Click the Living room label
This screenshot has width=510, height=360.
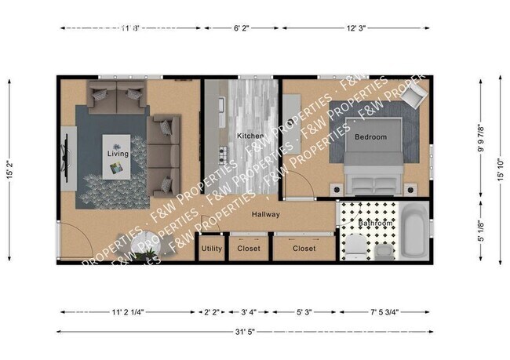tap(118, 154)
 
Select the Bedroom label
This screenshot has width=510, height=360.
tap(370, 137)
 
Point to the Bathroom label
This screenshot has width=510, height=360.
tap(375, 224)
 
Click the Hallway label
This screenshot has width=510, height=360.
tap(266, 214)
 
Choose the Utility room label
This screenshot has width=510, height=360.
tap(211, 249)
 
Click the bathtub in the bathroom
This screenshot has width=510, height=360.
tap(413, 231)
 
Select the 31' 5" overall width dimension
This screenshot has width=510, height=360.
tap(244, 331)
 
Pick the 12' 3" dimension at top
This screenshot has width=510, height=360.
tap(356, 28)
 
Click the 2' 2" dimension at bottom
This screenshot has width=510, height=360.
tap(211, 311)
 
